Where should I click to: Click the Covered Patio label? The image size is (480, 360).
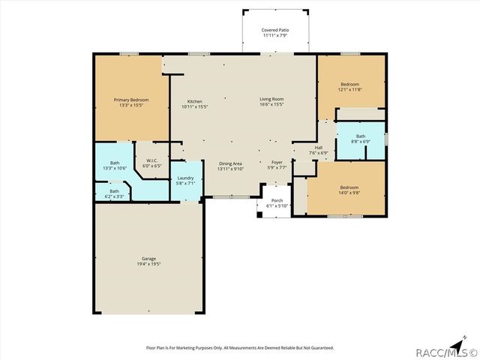pos(275,29)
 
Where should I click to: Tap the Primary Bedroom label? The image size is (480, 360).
pos(131,100)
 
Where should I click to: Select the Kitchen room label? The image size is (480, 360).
pos(194,101)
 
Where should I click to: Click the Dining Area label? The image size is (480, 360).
pos(230,163)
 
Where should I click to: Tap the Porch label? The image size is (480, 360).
pos(277,200)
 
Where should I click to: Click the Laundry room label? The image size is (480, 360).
pos(185,178)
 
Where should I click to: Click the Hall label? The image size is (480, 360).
pos(318,148)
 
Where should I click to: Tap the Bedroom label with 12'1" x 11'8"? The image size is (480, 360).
pos(349,84)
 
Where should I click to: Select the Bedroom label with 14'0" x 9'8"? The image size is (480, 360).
pos(349,187)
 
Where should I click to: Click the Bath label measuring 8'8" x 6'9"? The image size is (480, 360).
pos(361,136)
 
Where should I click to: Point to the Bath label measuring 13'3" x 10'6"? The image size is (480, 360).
pos(115,163)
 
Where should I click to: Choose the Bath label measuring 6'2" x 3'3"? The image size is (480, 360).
pos(115,191)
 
